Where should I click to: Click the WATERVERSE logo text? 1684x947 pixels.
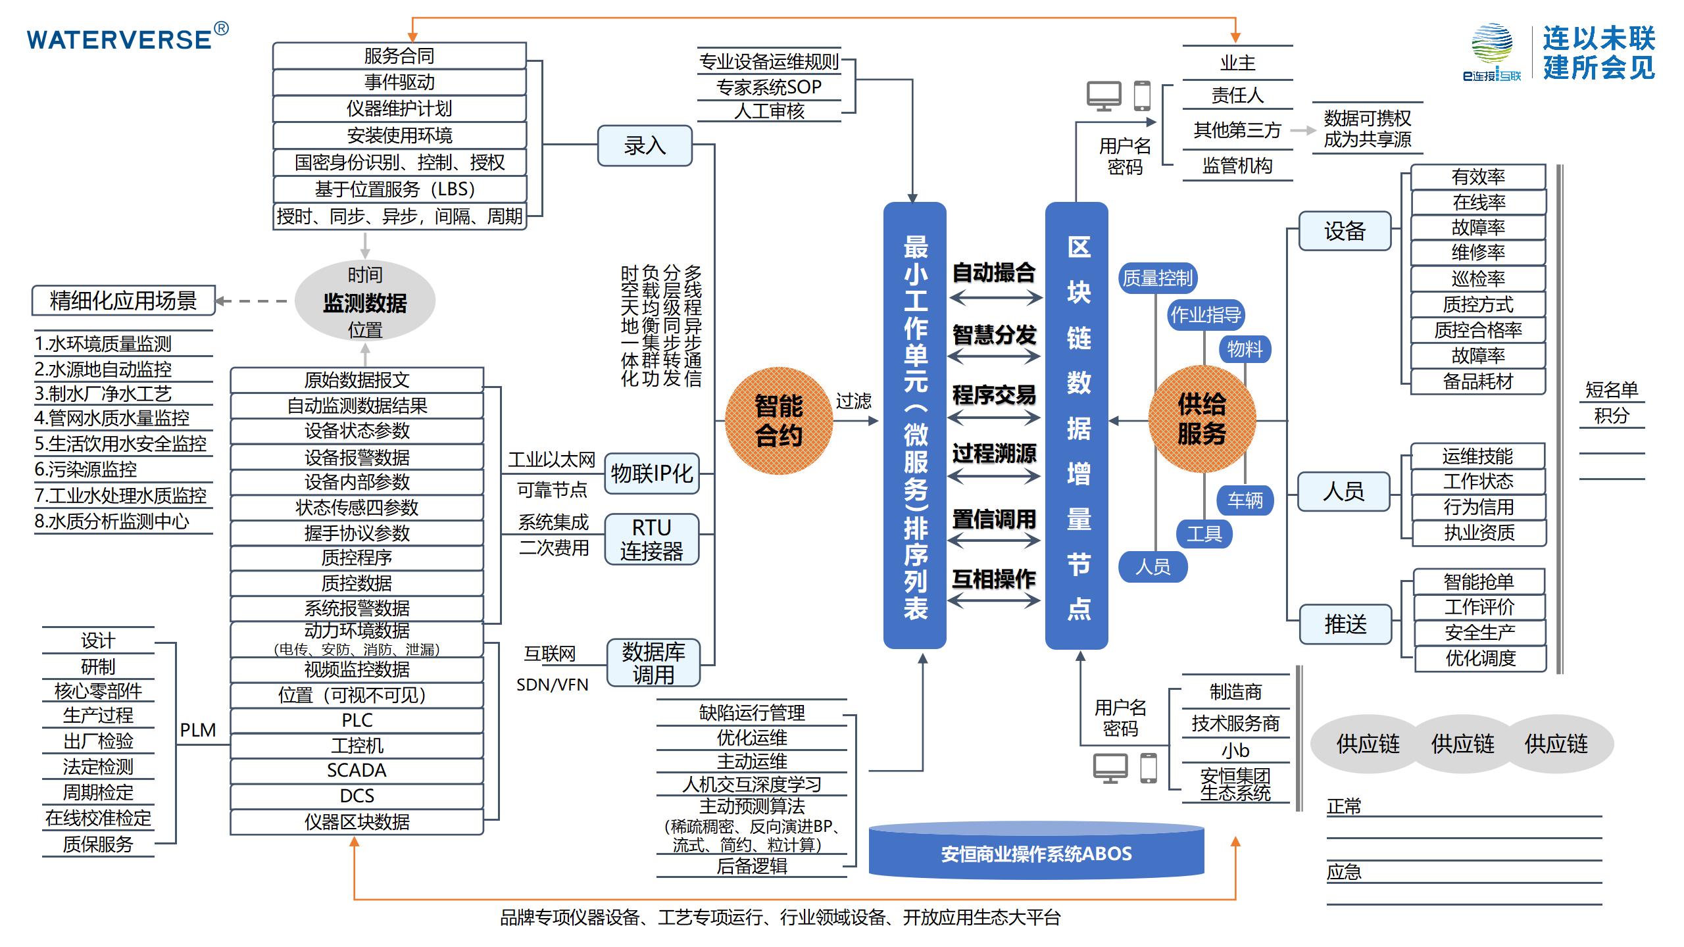[120, 39]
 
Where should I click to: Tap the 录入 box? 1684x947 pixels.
[645, 145]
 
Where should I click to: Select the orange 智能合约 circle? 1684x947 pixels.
[779, 421]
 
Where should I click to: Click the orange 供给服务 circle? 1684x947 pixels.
[1202, 419]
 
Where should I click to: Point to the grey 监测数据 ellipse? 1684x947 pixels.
[365, 302]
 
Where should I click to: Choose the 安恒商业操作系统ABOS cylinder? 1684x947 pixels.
[1036, 853]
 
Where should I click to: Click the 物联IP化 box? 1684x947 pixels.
[651, 473]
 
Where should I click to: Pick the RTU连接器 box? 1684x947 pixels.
[651, 539]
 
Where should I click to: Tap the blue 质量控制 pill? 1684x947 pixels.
[1157, 278]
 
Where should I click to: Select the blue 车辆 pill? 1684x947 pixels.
[1245, 500]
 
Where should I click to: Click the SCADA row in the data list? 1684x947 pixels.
[357, 770]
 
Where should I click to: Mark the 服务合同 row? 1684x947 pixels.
[399, 56]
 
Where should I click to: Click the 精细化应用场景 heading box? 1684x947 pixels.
[123, 301]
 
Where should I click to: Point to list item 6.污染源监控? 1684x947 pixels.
[86, 469]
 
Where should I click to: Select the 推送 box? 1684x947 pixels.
[1345, 623]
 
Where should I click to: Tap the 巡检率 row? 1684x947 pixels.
[1478, 278]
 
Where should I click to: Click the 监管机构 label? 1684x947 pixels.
[1237, 166]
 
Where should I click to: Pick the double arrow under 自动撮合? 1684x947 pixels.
[995, 298]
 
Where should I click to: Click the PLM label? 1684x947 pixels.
[197, 730]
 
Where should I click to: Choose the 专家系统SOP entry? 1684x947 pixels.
[768, 87]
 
